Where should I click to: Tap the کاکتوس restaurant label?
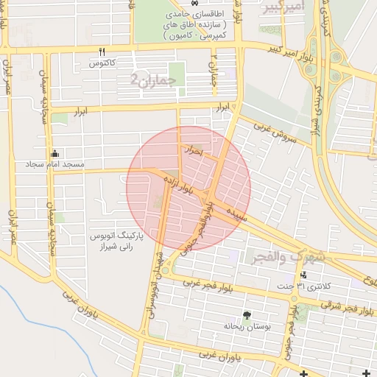pyautogui.click(x=103, y=64)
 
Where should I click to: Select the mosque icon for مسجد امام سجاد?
pyautogui.click(x=55, y=153)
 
